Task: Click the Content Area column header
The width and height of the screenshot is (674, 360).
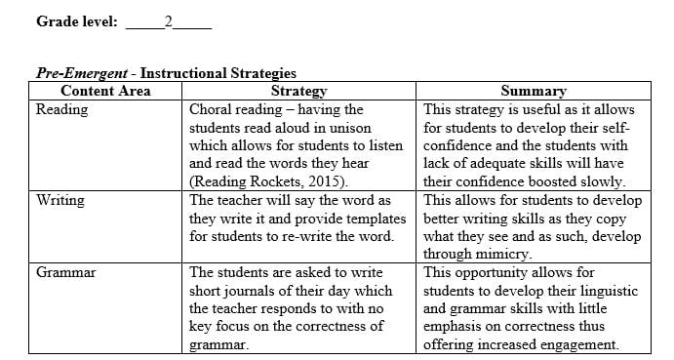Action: [105, 91]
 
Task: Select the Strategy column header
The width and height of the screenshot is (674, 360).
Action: [298, 91]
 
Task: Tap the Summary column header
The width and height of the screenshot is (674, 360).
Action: [533, 91]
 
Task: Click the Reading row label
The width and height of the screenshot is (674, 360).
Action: [61, 109]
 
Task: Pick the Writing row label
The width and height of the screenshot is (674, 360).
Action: [60, 200]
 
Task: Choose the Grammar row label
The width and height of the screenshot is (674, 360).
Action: [65, 272]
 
